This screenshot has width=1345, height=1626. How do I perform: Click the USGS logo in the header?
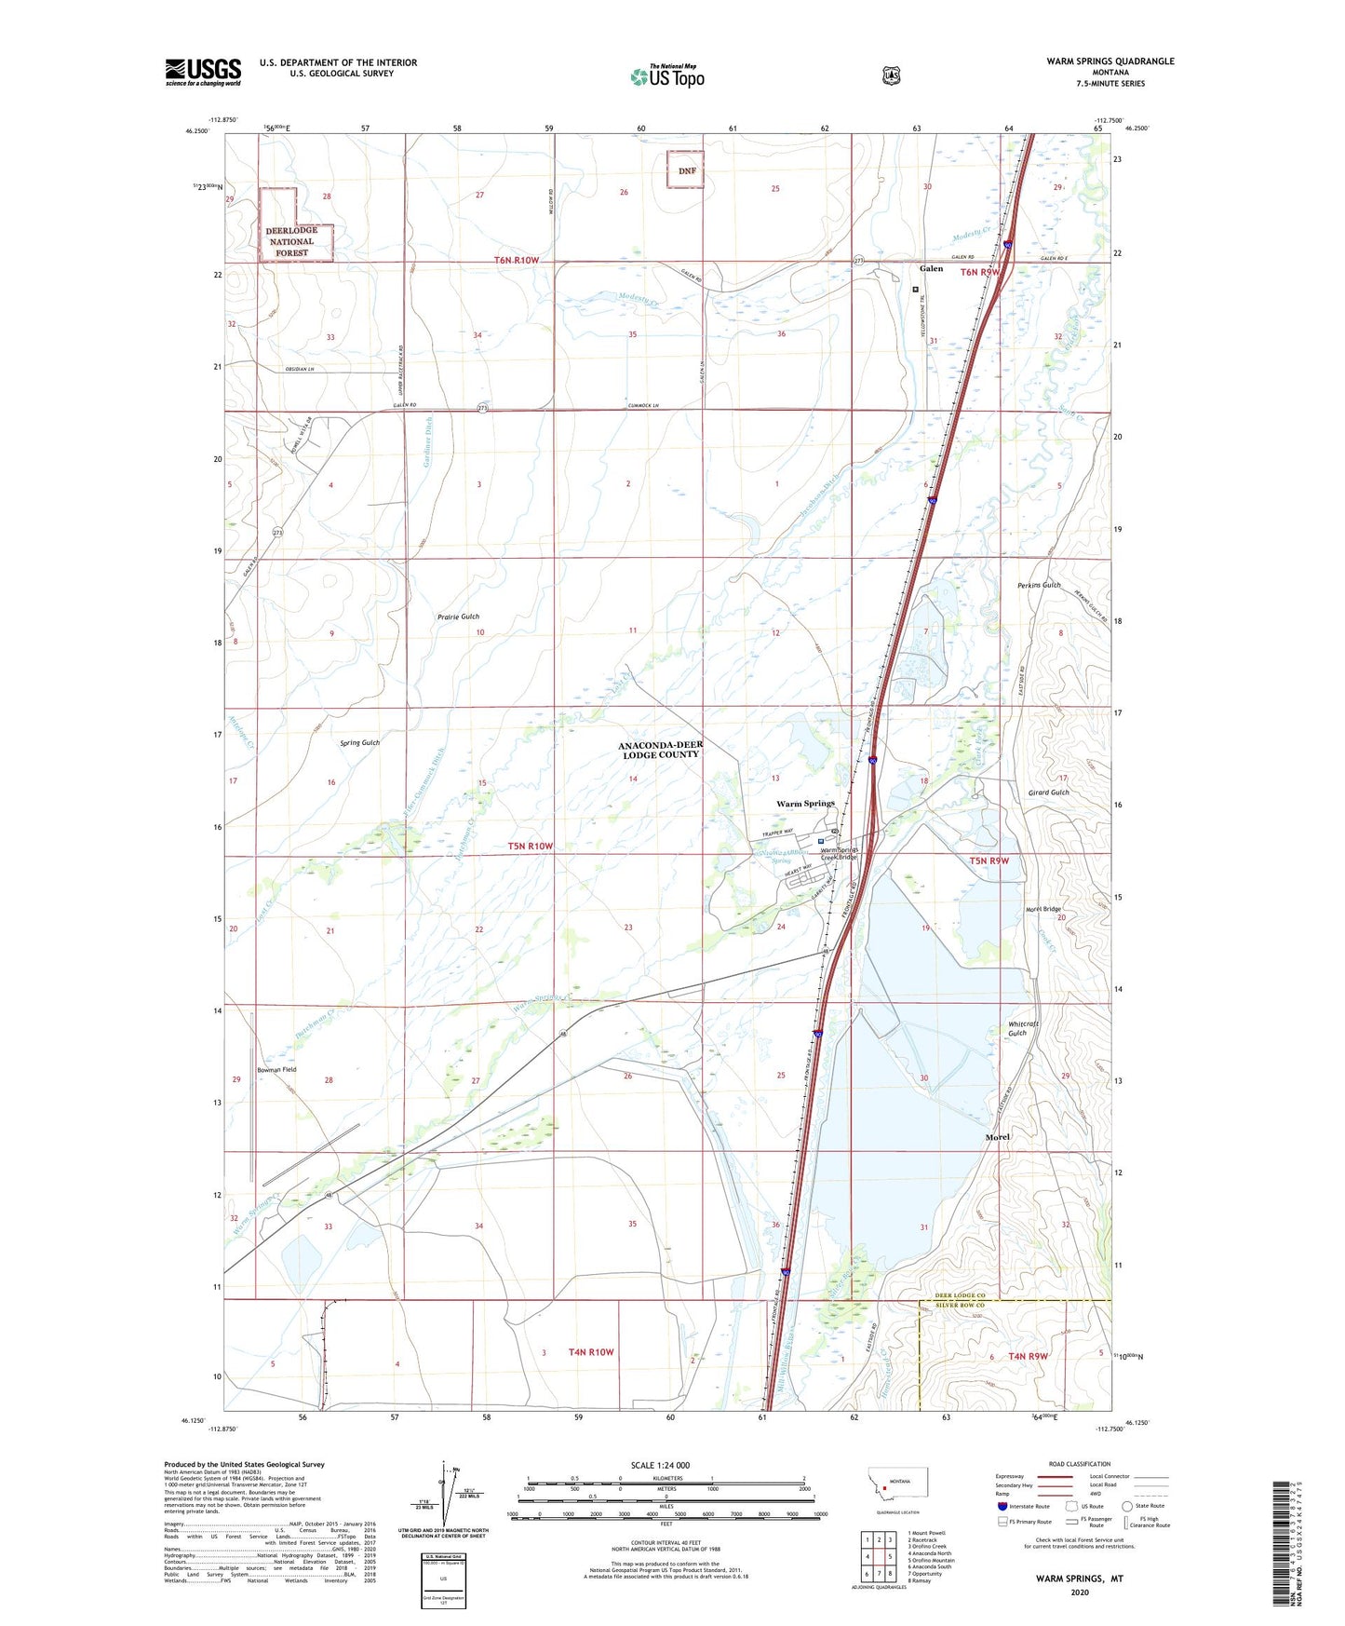coord(203,72)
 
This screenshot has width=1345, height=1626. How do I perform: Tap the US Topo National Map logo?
coord(666,75)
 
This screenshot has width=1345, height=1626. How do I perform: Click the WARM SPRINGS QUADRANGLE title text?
coord(1110,61)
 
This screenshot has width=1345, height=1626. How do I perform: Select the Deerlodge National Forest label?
coord(291,241)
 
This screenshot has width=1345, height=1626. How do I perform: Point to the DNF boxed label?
coord(686,170)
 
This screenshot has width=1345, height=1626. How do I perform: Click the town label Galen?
coord(931,268)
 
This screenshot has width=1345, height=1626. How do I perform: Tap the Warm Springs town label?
coord(805,803)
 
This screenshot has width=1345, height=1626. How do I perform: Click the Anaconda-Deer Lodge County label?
coord(660,750)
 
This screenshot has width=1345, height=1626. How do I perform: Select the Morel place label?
coord(997,1137)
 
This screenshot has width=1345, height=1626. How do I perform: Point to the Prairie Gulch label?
coord(458,617)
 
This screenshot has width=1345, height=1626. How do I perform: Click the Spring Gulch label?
coord(359,743)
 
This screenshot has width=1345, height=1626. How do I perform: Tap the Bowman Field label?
coord(276,1070)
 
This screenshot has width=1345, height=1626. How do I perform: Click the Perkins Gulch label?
coord(1039,585)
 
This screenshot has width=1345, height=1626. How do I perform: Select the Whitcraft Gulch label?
coord(1022,1028)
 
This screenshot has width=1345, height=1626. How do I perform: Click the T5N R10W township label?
coord(531,846)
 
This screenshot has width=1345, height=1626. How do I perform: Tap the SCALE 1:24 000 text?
coord(660,1465)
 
